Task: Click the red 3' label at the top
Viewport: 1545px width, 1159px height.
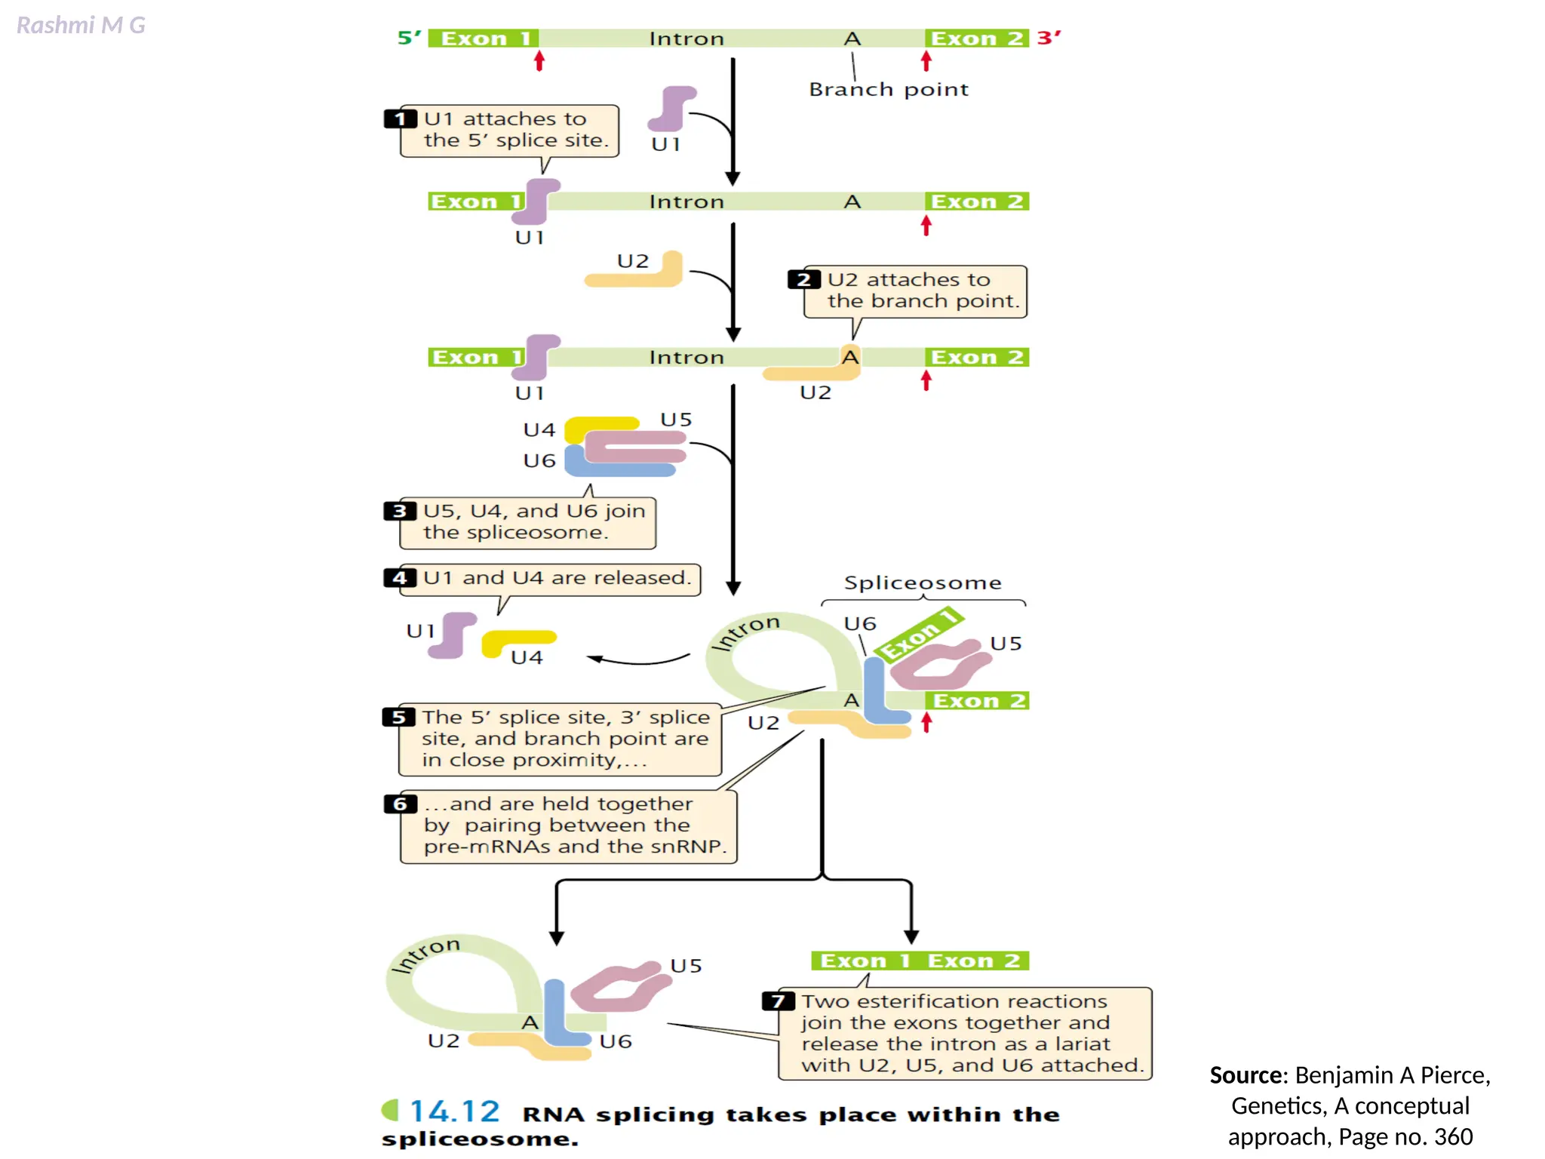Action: pos(1049,38)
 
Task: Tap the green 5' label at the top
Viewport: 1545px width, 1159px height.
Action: pos(409,38)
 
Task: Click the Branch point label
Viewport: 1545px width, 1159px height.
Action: pos(888,90)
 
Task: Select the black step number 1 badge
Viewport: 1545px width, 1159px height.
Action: pos(400,119)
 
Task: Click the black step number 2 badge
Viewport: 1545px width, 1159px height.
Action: pos(803,280)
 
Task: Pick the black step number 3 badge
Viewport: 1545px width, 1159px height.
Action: pos(399,512)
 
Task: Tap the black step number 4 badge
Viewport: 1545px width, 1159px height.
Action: pos(399,578)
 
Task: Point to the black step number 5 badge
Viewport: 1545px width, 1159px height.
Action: pos(398,717)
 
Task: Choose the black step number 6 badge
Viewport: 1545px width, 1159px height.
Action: pos(400,804)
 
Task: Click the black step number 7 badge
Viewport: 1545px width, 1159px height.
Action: pos(778,1001)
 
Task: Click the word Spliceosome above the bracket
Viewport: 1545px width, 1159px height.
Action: pos(923,583)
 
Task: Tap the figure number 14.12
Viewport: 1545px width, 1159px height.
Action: pos(454,1111)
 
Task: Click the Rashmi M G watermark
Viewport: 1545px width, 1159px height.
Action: pos(81,26)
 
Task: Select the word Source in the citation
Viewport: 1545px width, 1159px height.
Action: pos(1245,1075)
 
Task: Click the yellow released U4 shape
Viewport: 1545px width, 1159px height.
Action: pos(518,641)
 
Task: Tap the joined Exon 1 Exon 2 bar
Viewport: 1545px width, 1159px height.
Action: pos(920,961)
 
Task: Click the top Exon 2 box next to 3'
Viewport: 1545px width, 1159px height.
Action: pos(976,38)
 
